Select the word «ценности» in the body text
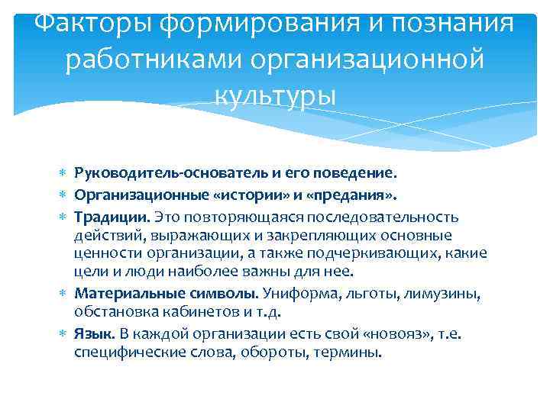click(106, 253)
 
